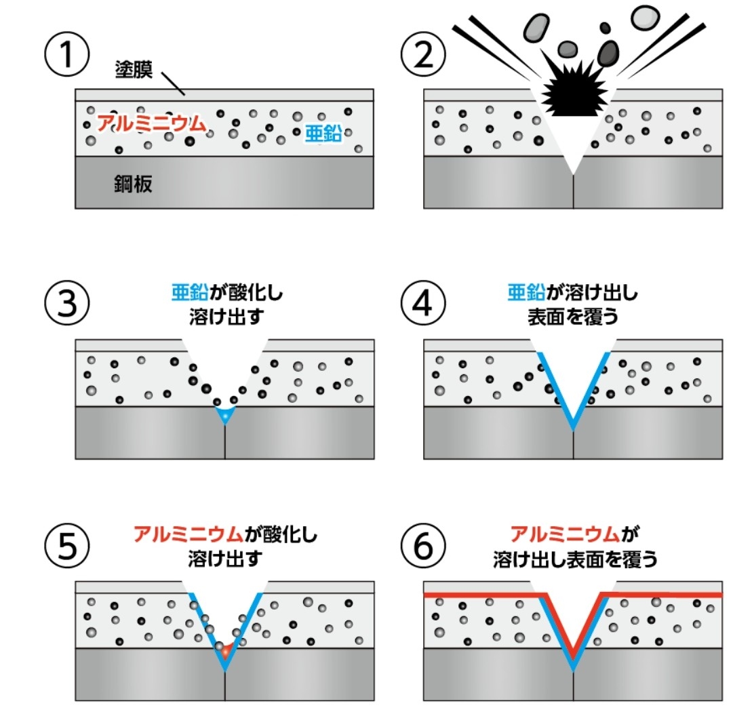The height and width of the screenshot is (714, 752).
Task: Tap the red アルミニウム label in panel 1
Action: (x=151, y=123)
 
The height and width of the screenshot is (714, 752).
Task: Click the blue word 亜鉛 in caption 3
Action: (x=184, y=293)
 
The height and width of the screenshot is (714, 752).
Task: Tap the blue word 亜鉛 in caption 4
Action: (x=525, y=293)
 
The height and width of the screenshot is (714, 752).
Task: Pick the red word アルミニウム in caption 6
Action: (x=565, y=534)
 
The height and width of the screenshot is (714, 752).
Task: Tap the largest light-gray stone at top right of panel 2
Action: (x=645, y=18)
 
